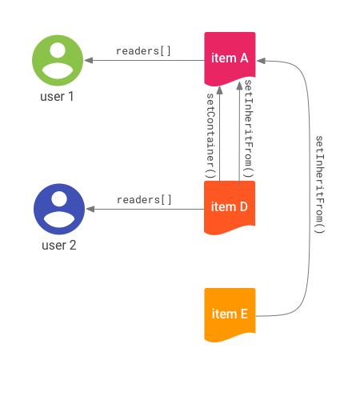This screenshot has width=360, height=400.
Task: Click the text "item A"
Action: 230,58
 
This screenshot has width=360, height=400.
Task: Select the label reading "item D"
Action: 230,207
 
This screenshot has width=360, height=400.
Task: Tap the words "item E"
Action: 230,314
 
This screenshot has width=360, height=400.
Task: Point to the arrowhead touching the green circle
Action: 86,60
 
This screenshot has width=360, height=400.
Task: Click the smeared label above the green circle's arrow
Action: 142,51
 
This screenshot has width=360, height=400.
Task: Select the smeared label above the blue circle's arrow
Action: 142,200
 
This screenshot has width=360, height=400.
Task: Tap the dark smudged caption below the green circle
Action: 53,97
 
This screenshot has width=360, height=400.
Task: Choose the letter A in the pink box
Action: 243,58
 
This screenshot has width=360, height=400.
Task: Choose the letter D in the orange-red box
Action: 243,207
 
